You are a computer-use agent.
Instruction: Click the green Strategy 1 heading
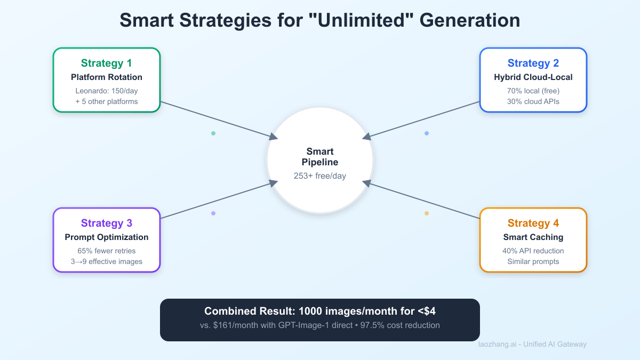tap(107, 63)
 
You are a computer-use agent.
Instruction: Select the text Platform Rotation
tap(107, 77)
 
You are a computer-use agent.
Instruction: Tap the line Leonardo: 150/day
tap(107, 91)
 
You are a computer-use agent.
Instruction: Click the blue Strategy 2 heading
tap(533, 63)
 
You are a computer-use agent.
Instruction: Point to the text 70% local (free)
tap(533, 91)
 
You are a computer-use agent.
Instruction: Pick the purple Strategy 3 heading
tap(107, 223)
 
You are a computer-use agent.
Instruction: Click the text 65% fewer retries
tap(107, 251)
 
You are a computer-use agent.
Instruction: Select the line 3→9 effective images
tap(107, 261)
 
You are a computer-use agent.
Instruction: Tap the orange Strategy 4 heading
tap(533, 223)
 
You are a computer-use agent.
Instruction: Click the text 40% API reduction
tap(533, 251)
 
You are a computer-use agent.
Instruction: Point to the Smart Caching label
tap(533, 237)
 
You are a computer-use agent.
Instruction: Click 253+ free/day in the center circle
tap(320, 176)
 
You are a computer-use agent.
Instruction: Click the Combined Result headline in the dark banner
tap(320, 311)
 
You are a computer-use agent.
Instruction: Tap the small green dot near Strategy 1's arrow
tap(213, 133)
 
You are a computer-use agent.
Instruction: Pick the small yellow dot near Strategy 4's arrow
tap(427, 213)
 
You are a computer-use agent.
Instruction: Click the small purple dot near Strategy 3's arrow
tap(213, 213)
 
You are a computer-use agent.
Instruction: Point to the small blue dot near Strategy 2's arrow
tap(427, 133)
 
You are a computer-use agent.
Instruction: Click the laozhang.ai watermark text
tap(532, 344)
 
